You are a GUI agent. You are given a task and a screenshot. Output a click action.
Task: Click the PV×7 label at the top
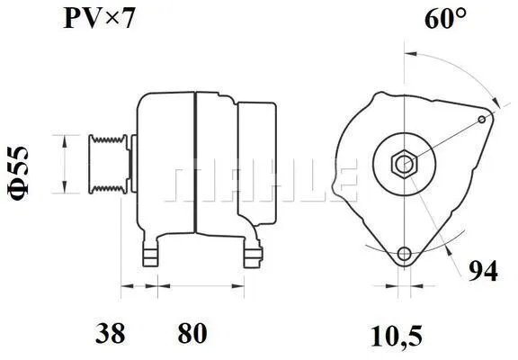point(99,19)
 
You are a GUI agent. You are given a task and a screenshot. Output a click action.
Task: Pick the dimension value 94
point(484,271)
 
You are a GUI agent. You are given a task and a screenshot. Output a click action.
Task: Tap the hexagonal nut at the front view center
point(404,165)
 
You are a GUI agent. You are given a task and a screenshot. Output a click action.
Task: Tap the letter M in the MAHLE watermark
point(192,181)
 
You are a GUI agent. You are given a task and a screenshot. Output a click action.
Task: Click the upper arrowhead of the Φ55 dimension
point(62,138)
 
